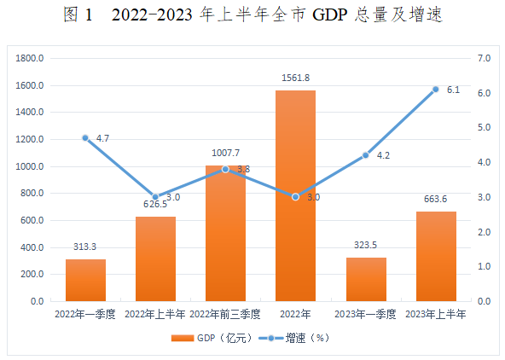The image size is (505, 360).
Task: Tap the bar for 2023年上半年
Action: (435, 256)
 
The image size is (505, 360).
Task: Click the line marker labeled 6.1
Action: (435, 89)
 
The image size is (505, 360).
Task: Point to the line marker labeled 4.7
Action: (85, 137)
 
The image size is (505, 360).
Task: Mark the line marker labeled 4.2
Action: (365, 155)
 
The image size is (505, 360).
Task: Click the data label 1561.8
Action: (295, 78)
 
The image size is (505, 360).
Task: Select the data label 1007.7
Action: (225, 153)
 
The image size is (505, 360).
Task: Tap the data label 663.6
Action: (435, 199)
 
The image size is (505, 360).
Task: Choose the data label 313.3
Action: (85, 247)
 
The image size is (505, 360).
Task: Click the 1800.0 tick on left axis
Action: (41, 59)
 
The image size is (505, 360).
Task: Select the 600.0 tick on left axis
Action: (43, 221)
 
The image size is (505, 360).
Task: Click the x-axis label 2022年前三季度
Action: (225, 314)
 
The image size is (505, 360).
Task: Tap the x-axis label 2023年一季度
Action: (365, 314)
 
